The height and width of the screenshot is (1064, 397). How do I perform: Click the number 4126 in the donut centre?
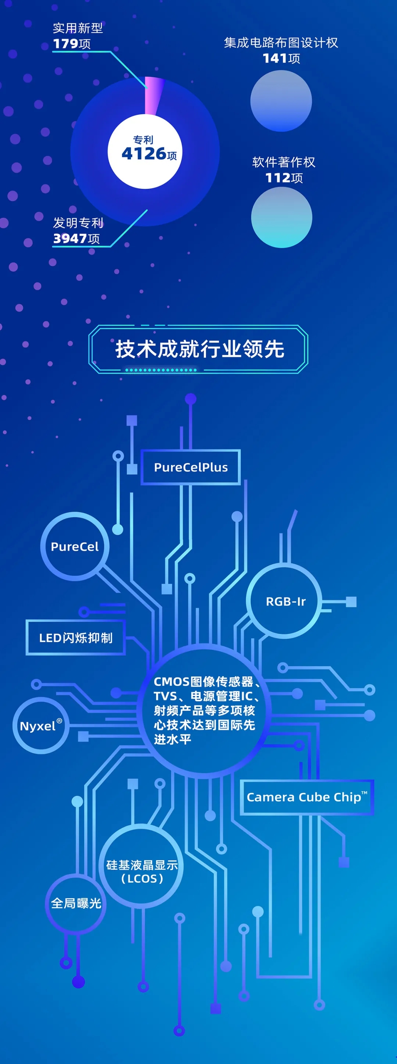(144, 154)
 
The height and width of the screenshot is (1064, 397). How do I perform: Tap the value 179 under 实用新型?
(66, 44)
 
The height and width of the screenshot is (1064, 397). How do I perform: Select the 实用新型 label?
(78, 28)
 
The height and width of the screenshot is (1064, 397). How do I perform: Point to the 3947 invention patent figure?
(70, 239)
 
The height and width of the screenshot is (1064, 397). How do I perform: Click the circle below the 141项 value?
(281, 101)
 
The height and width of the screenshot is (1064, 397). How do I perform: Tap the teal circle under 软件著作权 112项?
(282, 217)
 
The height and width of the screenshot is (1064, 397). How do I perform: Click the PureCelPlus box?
(191, 467)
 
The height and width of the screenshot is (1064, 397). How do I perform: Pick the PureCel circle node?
(75, 546)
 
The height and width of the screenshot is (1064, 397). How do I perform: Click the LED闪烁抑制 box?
(75, 638)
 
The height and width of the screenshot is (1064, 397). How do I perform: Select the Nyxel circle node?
(40, 726)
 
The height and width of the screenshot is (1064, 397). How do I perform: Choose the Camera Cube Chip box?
(306, 797)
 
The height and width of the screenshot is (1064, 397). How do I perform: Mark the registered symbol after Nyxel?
(60, 721)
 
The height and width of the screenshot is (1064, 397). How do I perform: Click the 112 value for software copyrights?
(278, 178)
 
